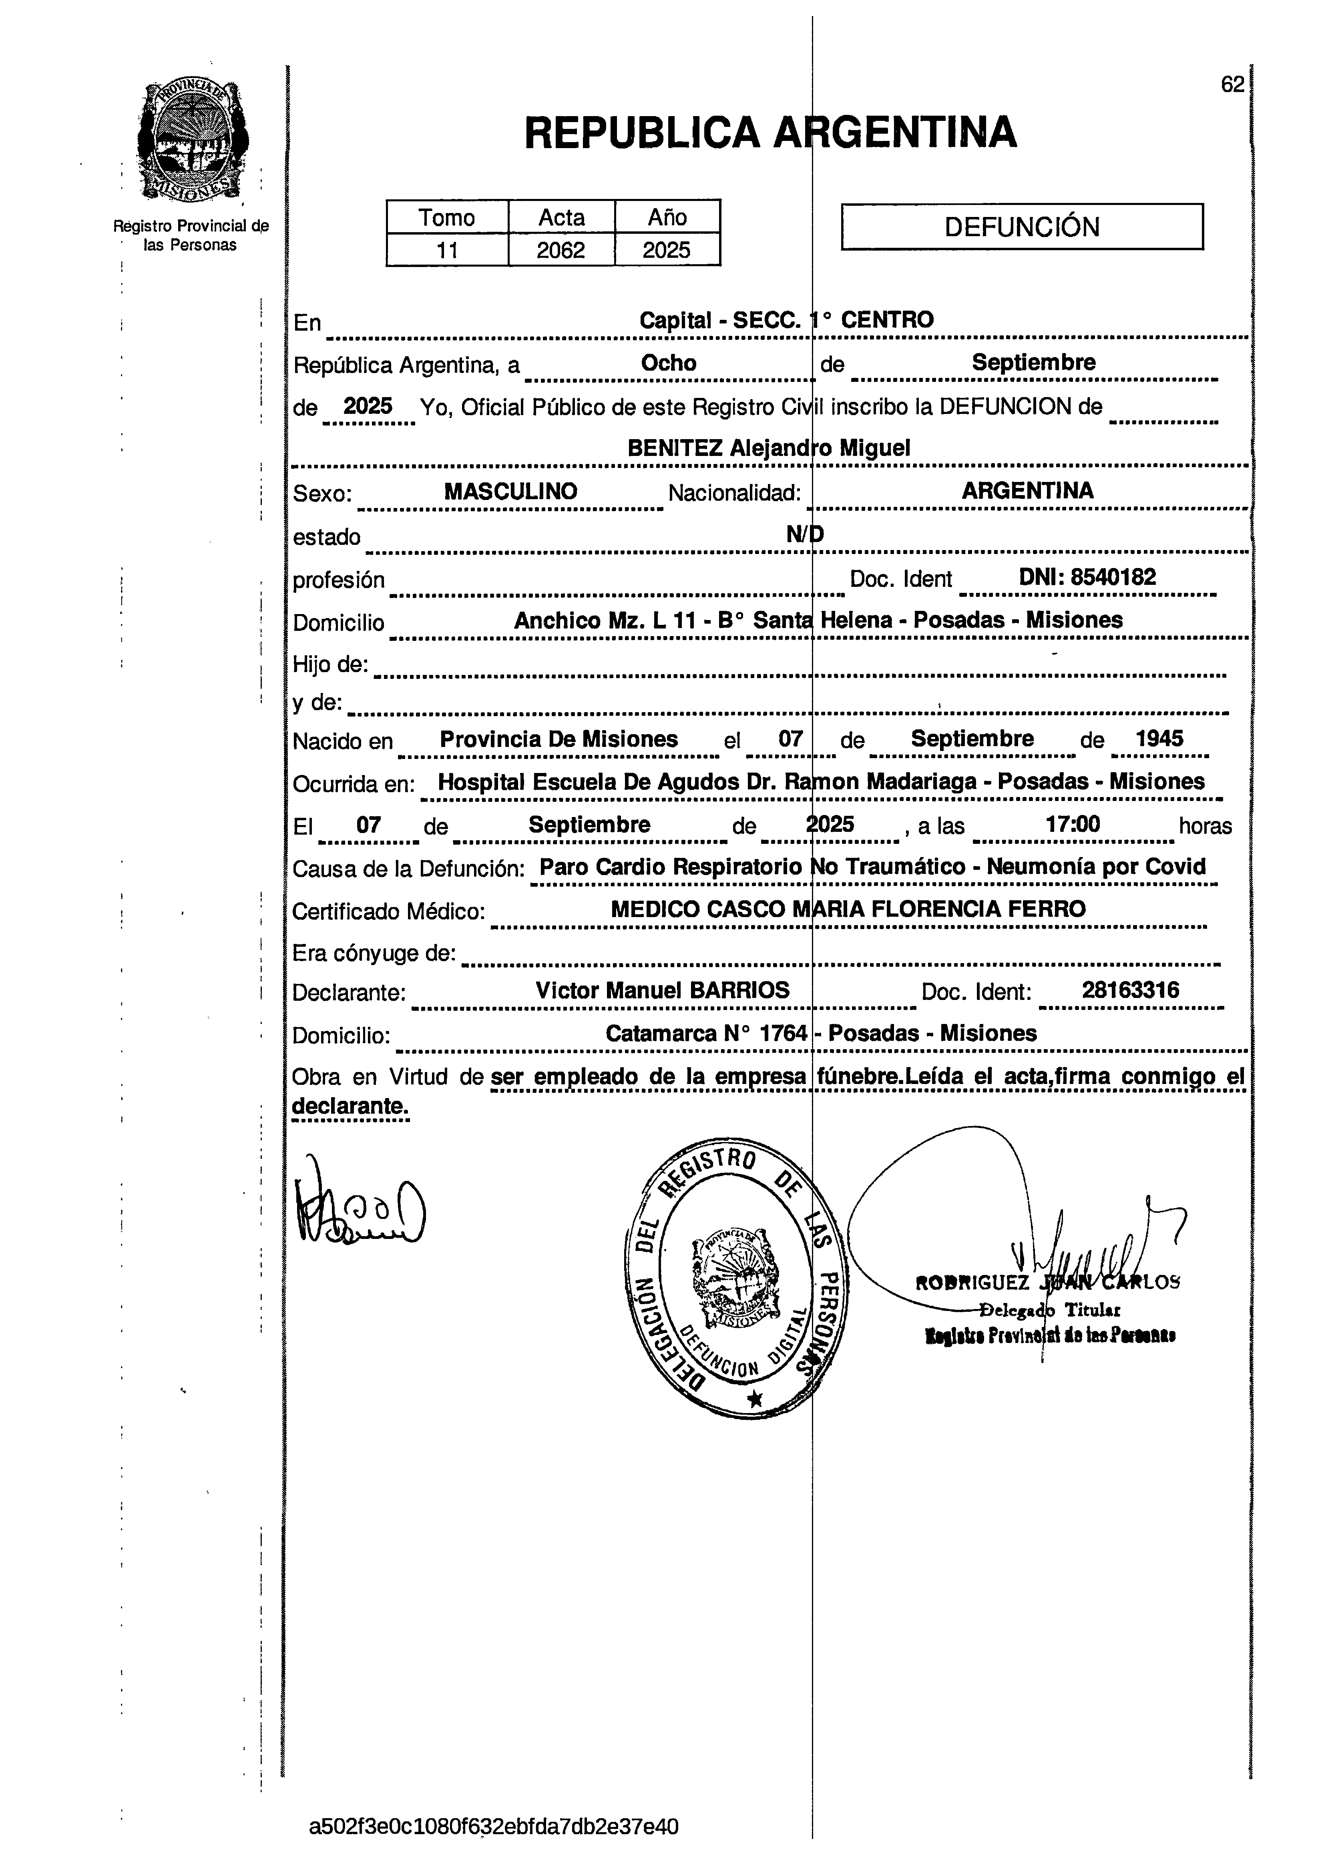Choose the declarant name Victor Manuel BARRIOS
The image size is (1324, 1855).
click(662, 990)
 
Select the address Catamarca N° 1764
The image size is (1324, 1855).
click(706, 1034)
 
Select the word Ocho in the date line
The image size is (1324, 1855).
click(669, 363)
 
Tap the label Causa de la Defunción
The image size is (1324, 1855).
click(408, 869)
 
